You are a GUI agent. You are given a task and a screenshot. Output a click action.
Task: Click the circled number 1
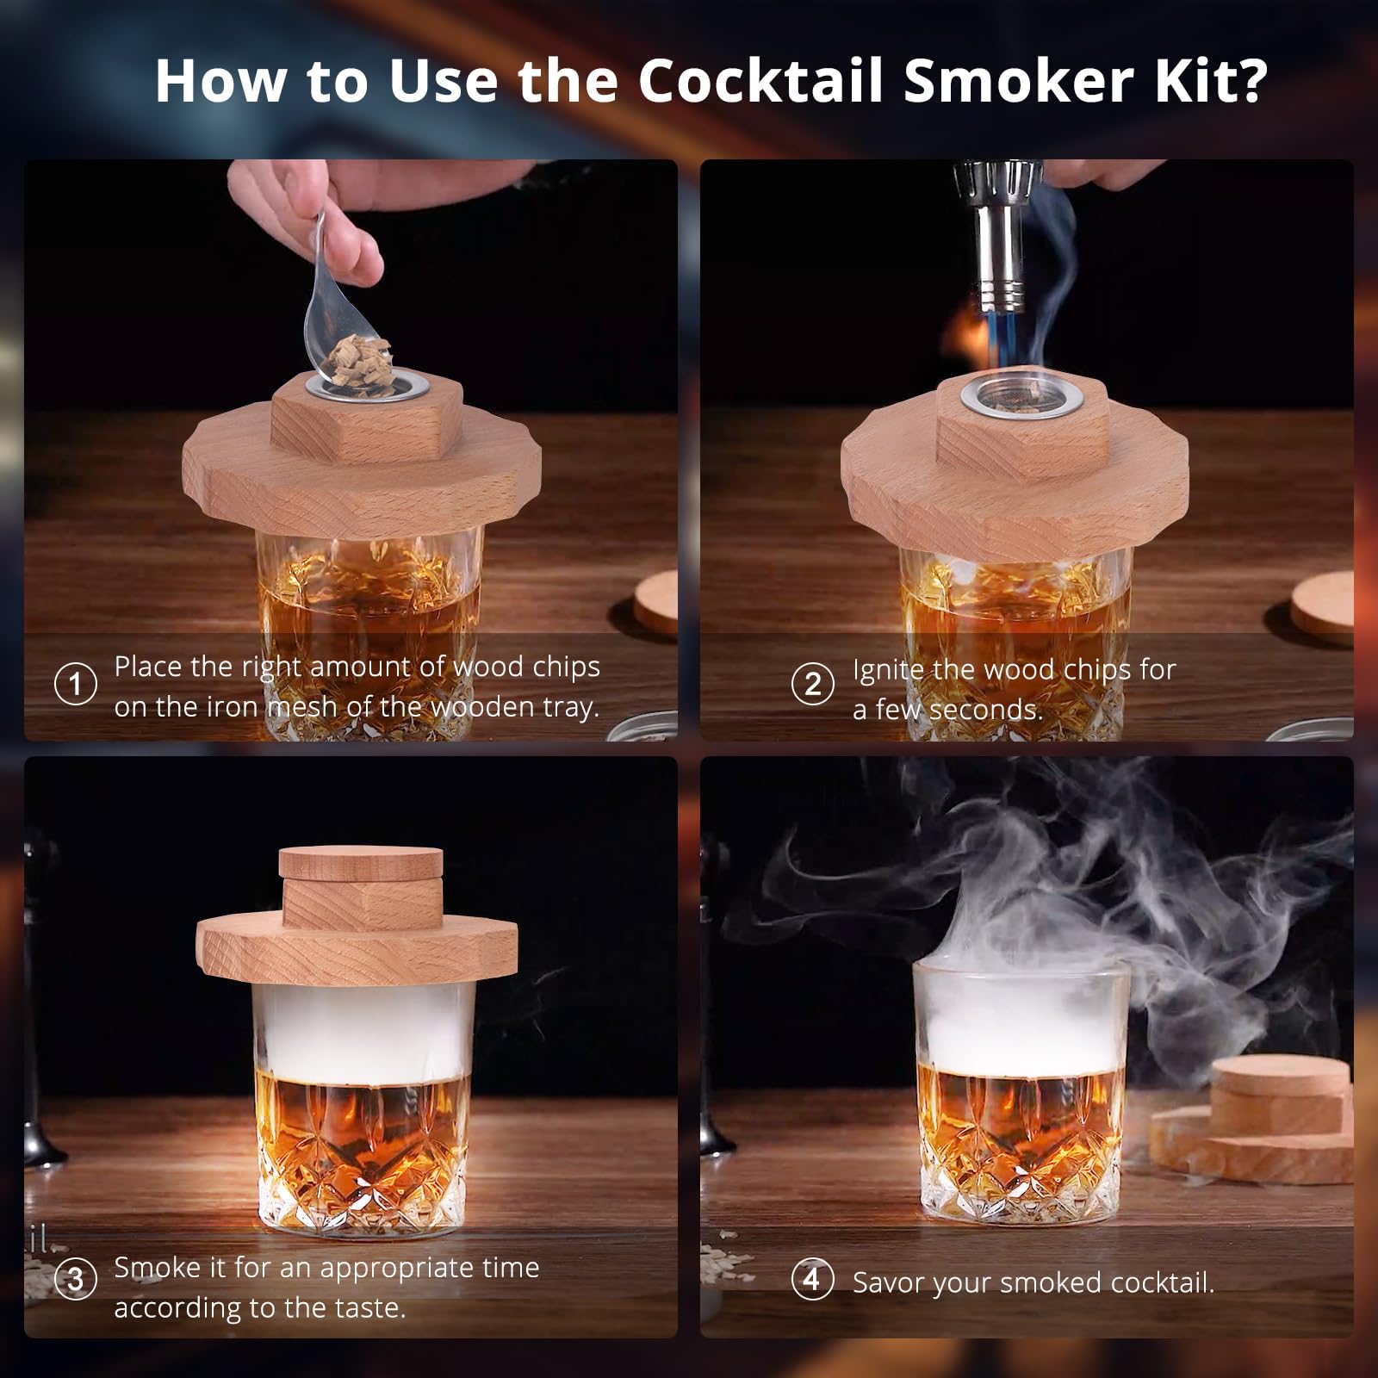76,685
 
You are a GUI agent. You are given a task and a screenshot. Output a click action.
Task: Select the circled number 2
812,685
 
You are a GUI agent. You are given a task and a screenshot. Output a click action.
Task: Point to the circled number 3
76,1281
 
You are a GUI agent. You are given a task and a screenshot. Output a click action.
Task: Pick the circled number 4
812,1280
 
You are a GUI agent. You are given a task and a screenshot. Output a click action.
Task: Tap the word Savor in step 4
889,1282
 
